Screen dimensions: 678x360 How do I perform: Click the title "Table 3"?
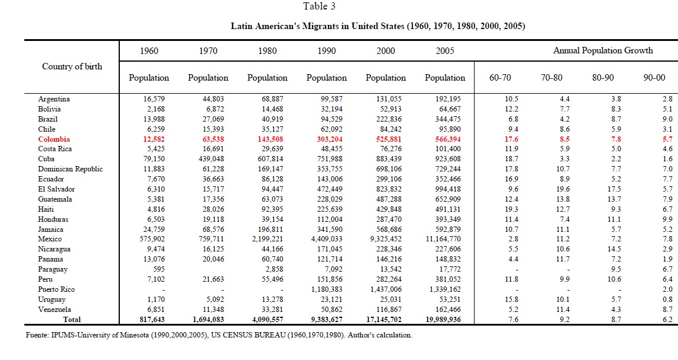pyautogui.click(x=319, y=6)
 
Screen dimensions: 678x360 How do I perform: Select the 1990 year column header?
pyautogui.click(x=326, y=50)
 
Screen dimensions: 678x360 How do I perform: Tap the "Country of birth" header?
pyautogui.click(x=72, y=66)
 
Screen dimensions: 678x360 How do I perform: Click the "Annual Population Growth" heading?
pyautogui.click(x=603, y=50)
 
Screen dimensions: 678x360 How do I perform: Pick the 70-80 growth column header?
pyautogui.click(x=552, y=77)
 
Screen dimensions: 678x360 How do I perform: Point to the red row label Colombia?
pyautogui.click(x=53, y=139)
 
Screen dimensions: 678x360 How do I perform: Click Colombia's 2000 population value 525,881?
pyautogui.click(x=389, y=139)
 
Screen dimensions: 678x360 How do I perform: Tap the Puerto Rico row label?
pyautogui.click(x=56, y=289)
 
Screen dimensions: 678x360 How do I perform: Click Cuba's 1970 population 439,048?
pyautogui.click(x=211, y=158)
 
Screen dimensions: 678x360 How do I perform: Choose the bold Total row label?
pyautogui.click(x=72, y=320)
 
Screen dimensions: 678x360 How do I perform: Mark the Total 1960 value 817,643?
pyautogui.click(x=152, y=320)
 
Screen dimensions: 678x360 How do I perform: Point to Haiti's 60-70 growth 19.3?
pyautogui.click(x=511, y=209)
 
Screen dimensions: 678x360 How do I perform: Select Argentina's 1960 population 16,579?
pyautogui.click(x=154, y=99)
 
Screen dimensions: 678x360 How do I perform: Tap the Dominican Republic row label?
pyautogui.click(x=71, y=169)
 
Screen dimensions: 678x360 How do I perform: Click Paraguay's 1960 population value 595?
pyautogui.click(x=159, y=269)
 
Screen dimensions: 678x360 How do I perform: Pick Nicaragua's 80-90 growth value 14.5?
pyautogui.click(x=614, y=249)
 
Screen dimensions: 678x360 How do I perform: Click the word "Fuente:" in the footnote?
pyautogui.click(x=37, y=335)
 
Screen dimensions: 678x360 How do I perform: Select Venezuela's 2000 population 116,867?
pyautogui.click(x=389, y=310)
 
